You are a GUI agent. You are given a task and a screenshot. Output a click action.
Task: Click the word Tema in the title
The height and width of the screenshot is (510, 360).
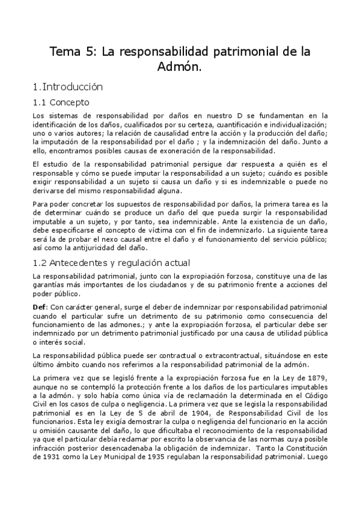point(65,52)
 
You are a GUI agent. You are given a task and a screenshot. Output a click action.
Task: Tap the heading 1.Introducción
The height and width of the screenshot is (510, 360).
point(68,87)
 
